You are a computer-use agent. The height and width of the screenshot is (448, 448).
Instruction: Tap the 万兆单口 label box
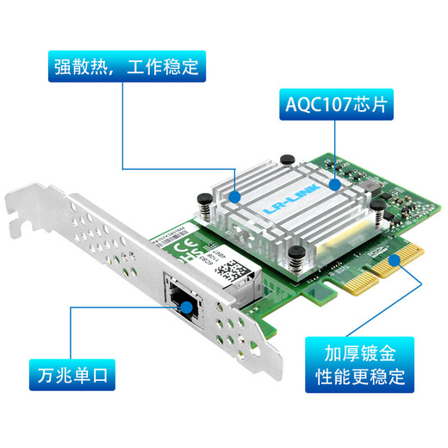(73, 375)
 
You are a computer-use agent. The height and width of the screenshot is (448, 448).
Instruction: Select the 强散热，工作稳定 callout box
(122, 66)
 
